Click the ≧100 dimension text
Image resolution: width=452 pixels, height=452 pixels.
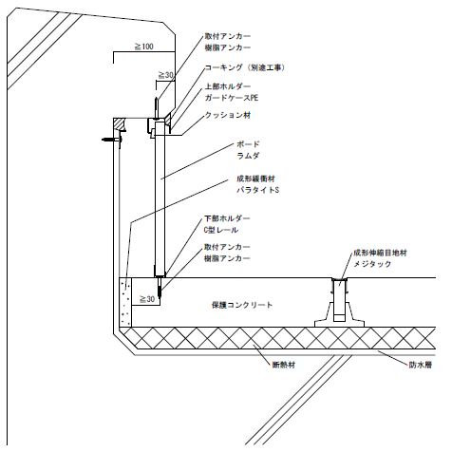(144, 47)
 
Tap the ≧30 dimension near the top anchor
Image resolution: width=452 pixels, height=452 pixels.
(165, 75)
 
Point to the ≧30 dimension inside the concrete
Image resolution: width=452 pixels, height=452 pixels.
(147, 299)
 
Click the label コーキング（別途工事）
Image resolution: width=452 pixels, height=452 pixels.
(245, 67)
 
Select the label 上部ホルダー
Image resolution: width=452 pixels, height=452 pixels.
(228, 86)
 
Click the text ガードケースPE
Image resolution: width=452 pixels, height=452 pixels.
(232, 98)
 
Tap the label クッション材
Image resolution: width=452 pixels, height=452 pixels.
(228, 115)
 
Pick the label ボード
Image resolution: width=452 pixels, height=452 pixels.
(248, 144)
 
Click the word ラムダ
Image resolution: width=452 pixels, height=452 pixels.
(248, 156)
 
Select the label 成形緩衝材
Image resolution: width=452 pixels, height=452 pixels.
(255, 179)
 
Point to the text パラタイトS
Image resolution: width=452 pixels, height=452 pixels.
(258, 190)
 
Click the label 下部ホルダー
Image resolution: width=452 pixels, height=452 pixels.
(227, 218)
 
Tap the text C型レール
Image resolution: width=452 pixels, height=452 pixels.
(221, 230)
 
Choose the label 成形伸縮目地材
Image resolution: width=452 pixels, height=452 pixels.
(380, 253)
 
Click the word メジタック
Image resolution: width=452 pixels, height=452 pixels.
(372, 264)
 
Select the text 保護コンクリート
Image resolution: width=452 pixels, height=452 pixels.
(242, 305)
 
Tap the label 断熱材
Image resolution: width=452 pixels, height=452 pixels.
(284, 365)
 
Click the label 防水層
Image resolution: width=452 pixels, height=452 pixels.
(421, 365)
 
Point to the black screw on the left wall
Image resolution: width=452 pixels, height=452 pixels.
(112, 140)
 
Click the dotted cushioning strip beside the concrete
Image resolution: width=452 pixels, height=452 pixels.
(125, 302)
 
